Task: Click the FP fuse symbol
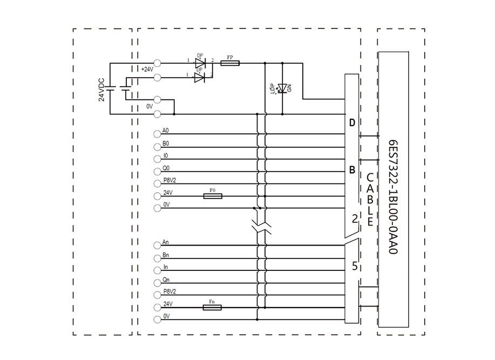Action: pos(230,63)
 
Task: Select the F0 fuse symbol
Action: pos(213,196)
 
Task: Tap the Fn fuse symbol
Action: pos(212,308)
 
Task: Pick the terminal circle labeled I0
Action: pos(158,159)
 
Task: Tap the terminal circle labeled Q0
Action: pos(158,172)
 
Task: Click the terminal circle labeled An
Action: pos(158,246)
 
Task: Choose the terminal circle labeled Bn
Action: pos(158,258)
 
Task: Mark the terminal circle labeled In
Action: pos(158,270)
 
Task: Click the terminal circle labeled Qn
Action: pos(158,283)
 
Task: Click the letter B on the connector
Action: pos(352,171)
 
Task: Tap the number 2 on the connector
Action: pos(354,219)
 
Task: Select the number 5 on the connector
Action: pos(354,266)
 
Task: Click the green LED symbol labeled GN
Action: pos(283,88)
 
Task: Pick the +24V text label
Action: pos(147,69)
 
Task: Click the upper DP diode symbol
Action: pos(200,63)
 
